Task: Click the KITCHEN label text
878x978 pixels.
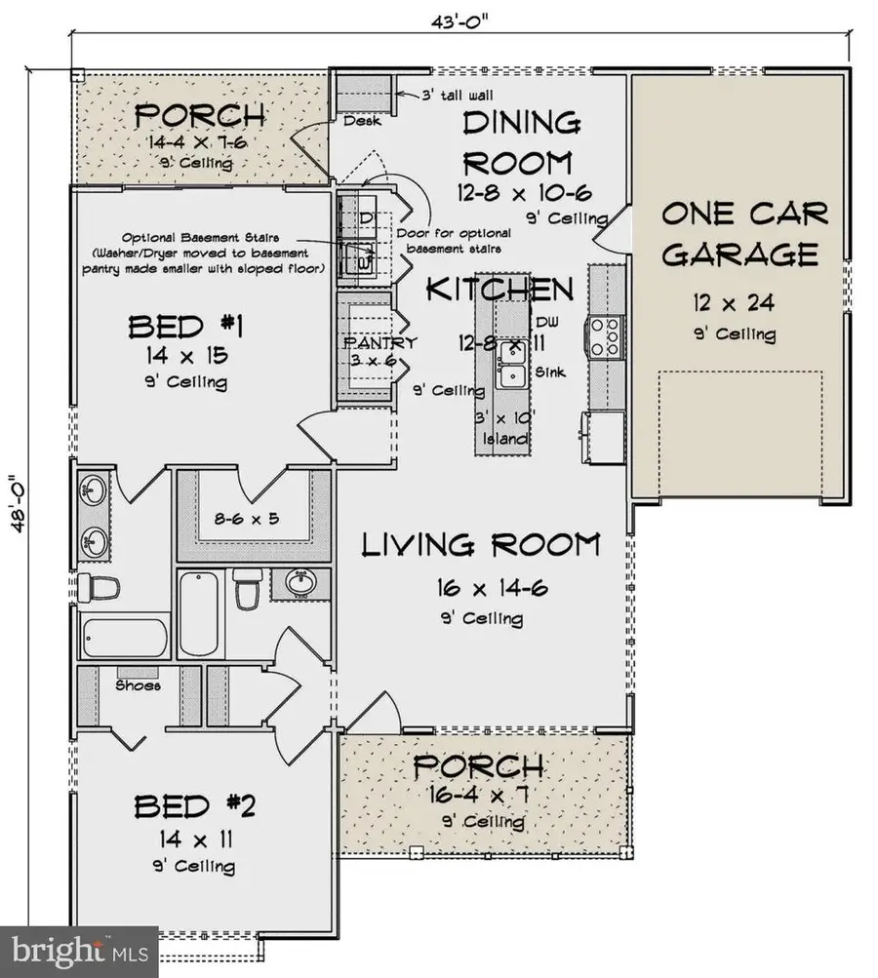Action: coord(499,289)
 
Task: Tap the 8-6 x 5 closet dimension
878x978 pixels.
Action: coord(247,518)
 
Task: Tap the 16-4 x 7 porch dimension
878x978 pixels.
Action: coord(477,795)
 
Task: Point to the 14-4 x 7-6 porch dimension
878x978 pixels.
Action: coord(199,143)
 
